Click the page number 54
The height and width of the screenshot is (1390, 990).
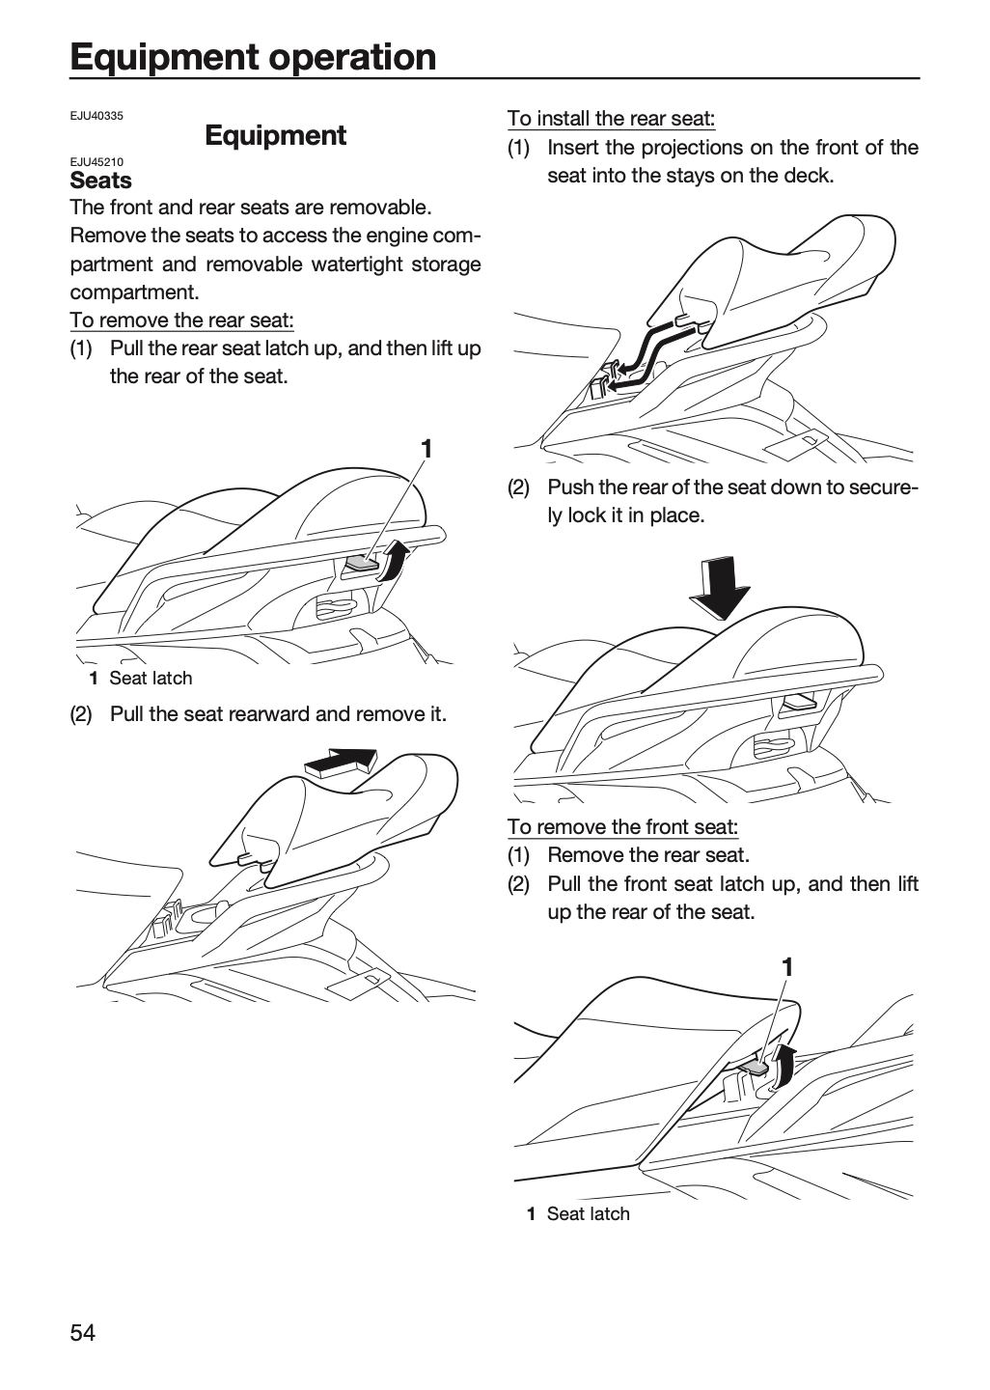coord(83,1332)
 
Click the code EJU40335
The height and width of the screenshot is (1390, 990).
coord(96,116)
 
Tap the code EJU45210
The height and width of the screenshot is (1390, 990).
coord(96,162)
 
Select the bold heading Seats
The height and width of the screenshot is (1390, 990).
coord(100,181)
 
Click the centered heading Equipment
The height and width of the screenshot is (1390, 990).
coord(275,136)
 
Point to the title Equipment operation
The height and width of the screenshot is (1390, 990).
coord(253,57)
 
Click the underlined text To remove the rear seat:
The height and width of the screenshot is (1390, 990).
coord(181,320)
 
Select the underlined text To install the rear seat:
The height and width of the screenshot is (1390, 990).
coord(611,119)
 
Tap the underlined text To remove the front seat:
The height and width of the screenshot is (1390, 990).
coord(622,827)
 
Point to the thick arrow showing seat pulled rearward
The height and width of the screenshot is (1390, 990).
coord(342,763)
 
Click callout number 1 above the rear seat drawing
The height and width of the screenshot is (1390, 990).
coord(426,449)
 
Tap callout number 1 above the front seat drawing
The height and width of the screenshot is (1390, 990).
coord(787,967)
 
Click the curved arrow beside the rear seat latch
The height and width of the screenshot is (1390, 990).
coord(397,560)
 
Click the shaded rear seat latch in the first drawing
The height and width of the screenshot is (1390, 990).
coord(362,563)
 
